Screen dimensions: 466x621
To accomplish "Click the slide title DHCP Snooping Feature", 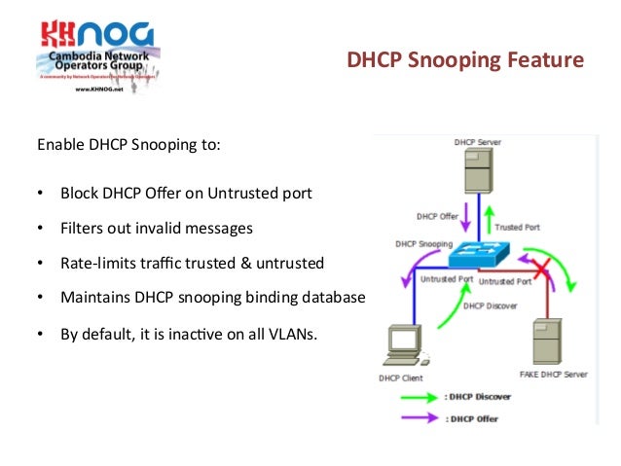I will pyautogui.click(x=465, y=62).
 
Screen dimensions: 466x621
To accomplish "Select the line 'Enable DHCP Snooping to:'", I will pyautogui.click(x=128, y=146).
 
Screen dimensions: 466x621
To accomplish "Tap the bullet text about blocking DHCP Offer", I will pyautogui.click(x=186, y=193).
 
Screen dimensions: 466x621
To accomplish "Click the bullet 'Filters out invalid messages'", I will pyautogui.click(x=157, y=228).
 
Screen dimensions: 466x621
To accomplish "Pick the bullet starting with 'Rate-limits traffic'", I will pyautogui.click(x=192, y=263).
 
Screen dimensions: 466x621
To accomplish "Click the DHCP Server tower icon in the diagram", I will pyautogui.click(x=477, y=175).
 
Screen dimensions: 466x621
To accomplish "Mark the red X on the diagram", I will pyautogui.click(x=536, y=267).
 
